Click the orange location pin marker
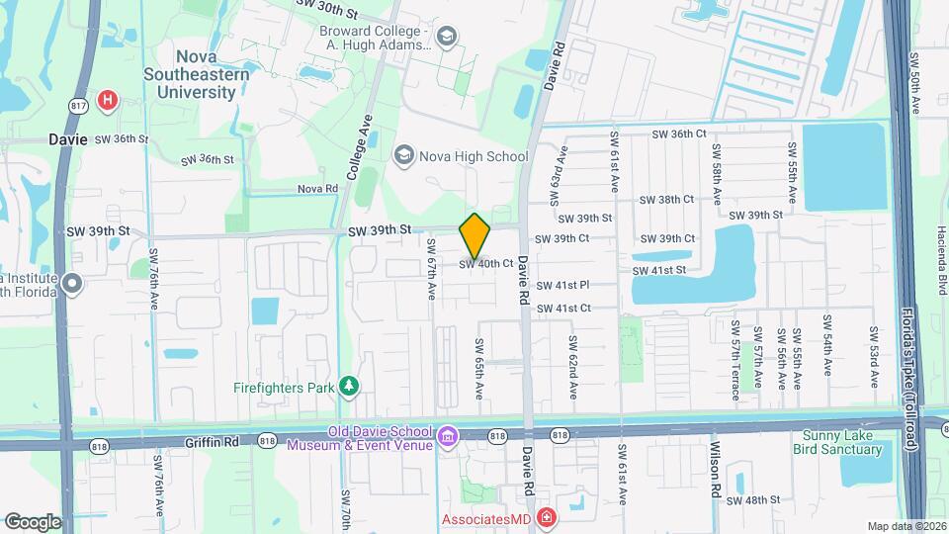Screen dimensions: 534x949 coord(475,235)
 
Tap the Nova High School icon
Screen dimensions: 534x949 coord(402,155)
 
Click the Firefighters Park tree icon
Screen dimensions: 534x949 coord(348,386)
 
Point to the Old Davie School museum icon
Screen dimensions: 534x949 coord(448,436)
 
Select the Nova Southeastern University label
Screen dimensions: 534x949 coord(191,75)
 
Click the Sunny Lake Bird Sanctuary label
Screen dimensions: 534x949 coord(836,442)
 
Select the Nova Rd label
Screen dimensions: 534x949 coord(318,188)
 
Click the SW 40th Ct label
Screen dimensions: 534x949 coord(485,264)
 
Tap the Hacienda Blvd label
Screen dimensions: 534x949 coord(931,271)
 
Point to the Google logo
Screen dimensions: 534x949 coord(33,521)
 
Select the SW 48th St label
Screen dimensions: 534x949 coord(770,500)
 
